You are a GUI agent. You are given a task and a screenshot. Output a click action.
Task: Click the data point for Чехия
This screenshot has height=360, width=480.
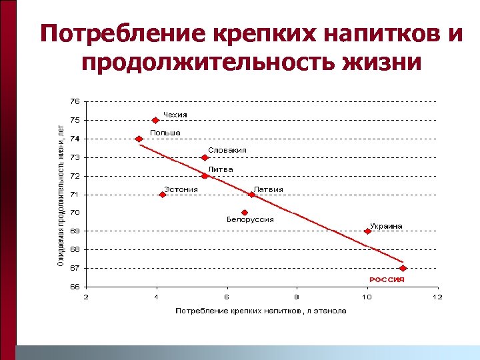click(155, 121)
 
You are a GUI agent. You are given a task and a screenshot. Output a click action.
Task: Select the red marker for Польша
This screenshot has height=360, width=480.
click(139, 139)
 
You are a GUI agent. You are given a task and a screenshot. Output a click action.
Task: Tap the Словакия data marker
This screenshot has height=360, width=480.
click(205, 157)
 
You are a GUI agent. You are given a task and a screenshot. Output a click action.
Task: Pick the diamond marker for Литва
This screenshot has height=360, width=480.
click(205, 176)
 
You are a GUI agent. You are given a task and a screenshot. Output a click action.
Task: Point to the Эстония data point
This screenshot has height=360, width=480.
click(163, 195)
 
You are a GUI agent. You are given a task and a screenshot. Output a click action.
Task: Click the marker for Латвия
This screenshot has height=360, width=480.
click(251, 195)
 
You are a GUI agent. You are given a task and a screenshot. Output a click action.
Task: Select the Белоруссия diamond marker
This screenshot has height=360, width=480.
click(245, 213)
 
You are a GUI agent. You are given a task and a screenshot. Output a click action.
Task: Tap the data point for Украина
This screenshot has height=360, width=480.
click(367, 231)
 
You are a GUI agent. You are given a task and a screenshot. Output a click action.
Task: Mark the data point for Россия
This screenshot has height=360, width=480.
click(403, 268)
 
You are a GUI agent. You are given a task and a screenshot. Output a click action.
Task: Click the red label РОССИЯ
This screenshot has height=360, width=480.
click(387, 279)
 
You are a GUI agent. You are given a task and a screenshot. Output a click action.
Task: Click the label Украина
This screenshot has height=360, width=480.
click(386, 226)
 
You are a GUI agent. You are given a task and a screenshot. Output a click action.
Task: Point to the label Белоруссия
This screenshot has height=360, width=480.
click(250, 219)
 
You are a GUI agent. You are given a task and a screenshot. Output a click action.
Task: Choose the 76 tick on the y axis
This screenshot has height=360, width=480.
click(74, 101)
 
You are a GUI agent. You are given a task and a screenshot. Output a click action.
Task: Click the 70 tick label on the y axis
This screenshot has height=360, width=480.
click(74, 213)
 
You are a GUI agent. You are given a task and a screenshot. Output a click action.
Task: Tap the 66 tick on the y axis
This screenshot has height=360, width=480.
click(74, 287)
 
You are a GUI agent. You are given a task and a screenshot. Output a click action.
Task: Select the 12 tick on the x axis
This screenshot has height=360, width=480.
click(437, 297)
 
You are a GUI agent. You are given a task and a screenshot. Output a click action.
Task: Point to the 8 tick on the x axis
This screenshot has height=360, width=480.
click(297, 297)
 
